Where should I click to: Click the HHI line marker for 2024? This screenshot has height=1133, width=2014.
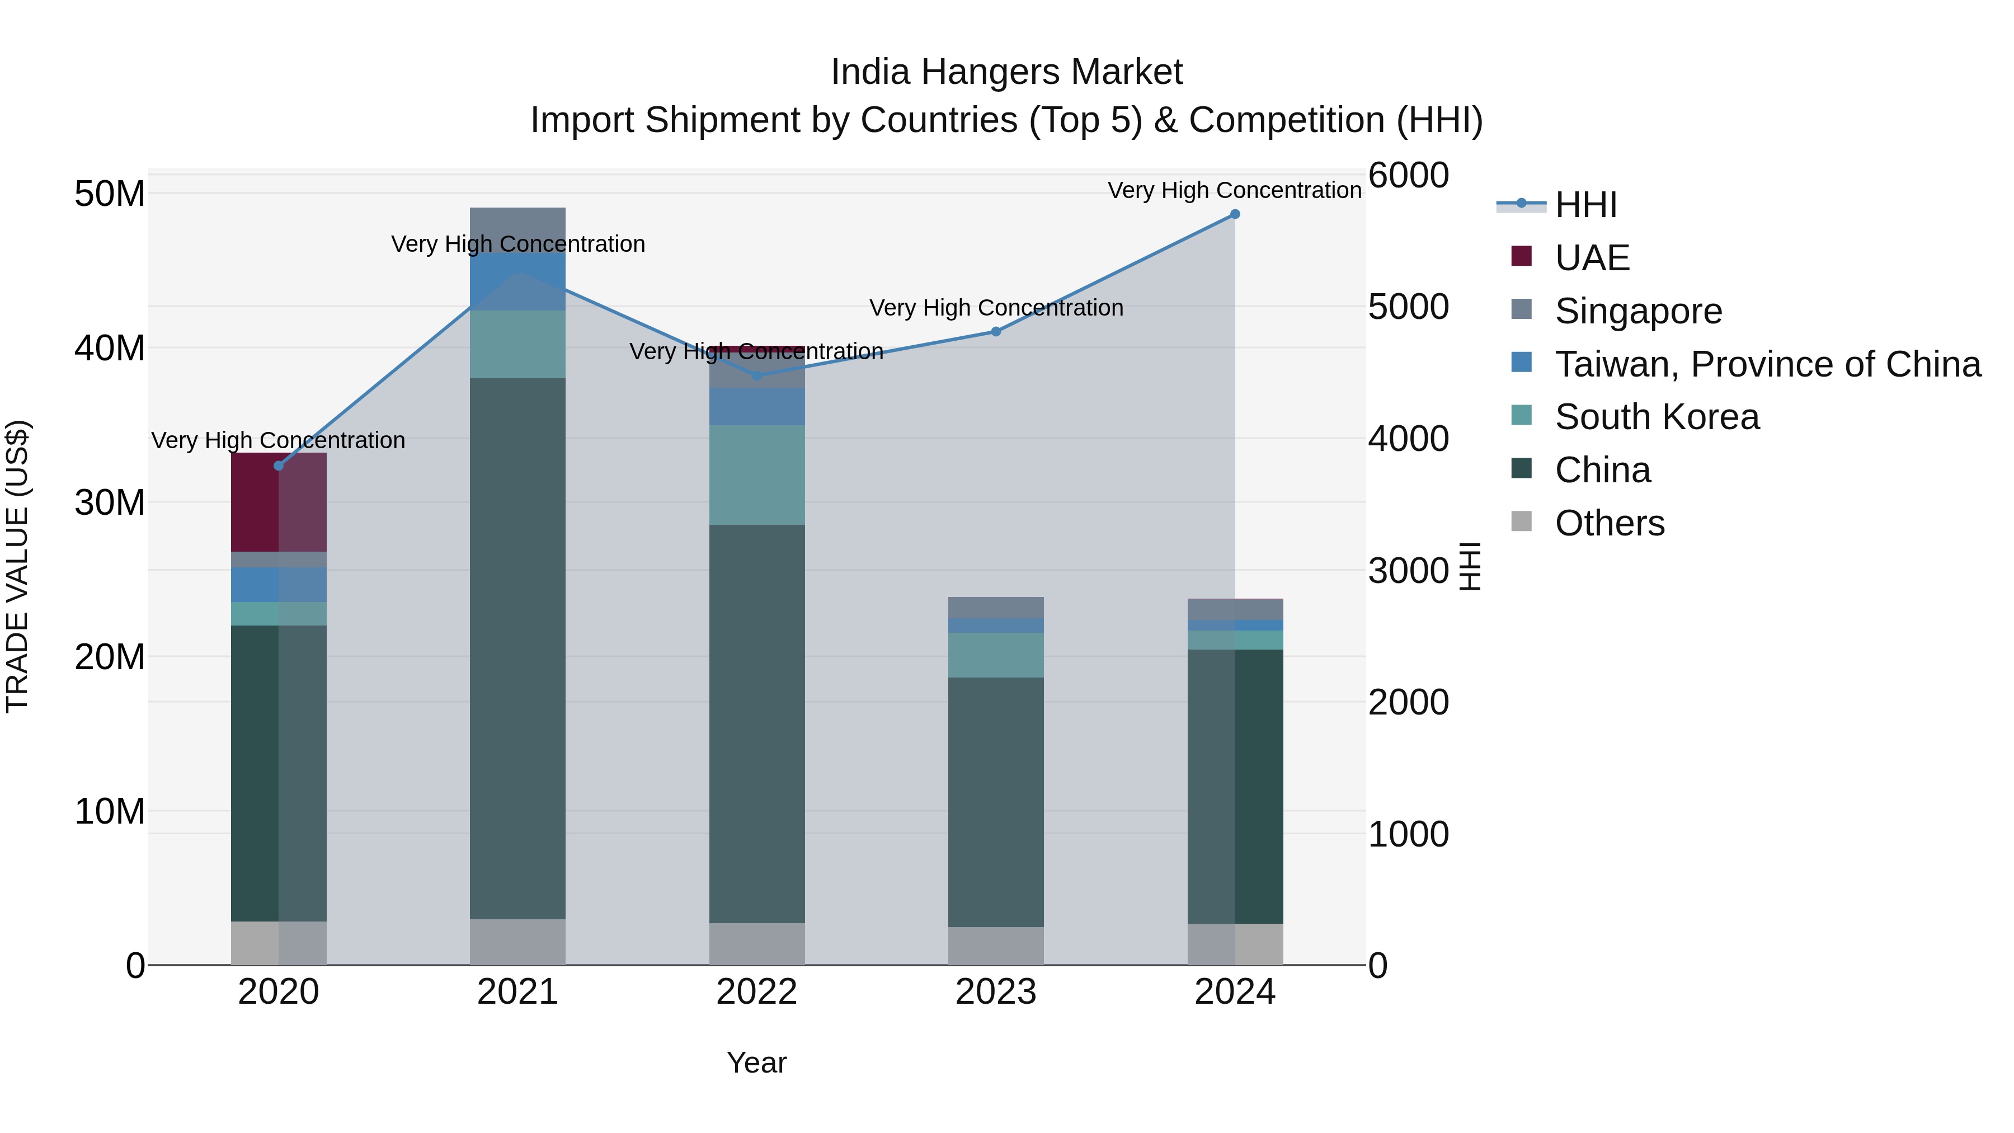click(1235, 214)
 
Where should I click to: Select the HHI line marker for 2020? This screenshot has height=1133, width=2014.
click(279, 466)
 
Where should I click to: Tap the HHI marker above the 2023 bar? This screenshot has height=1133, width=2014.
click(995, 332)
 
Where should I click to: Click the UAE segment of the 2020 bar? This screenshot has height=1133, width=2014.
click(279, 502)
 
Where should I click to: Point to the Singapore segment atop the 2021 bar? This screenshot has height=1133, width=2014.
click(517, 229)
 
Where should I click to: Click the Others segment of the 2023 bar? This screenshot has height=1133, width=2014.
click(995, 946)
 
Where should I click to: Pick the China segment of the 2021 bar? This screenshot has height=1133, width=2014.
click(517, 648)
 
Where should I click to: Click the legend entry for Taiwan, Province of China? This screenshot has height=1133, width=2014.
click(1767, 364)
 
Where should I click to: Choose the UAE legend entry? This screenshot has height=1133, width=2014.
click(1592, 258)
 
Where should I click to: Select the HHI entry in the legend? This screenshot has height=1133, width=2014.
click(1585, 205)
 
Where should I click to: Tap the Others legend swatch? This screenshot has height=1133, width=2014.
click(1522, 521)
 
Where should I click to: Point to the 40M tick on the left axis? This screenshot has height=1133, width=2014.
click(110, 348)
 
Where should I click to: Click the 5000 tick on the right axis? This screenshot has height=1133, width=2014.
click(1408, 307)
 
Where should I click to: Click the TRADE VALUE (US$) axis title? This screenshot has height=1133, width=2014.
click(17, 566)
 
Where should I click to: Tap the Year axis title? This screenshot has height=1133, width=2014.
click(756, 1063)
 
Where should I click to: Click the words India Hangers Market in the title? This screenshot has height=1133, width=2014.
click(1006, 72)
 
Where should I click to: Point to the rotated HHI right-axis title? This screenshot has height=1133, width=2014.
click(1470, 566)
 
